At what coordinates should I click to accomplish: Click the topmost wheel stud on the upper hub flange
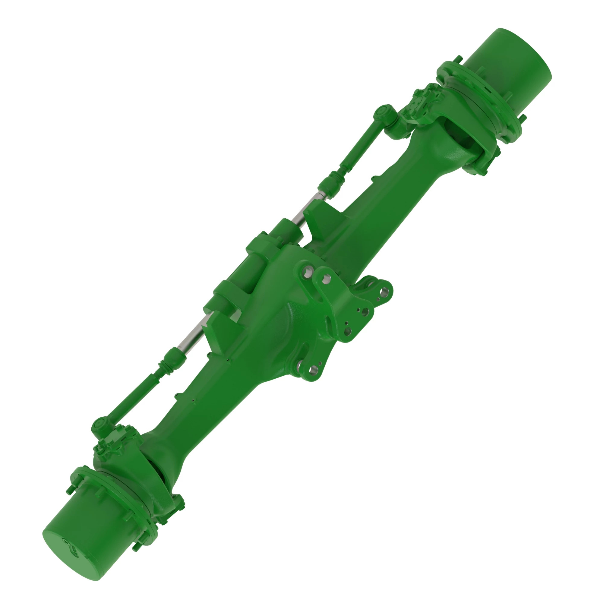459,59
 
